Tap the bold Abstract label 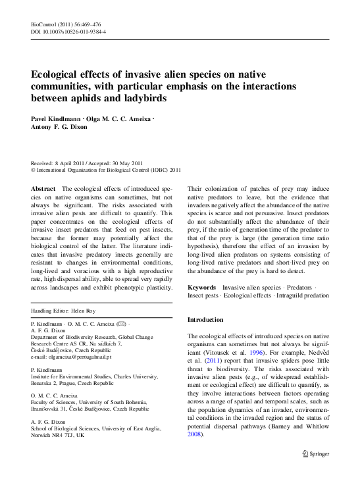click(x=43, y=188)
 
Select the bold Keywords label click(x=202, y=288)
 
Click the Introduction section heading click(x=206, y=319)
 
